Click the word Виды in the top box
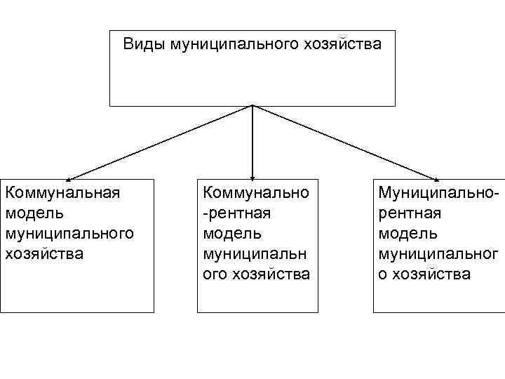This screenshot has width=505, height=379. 141,45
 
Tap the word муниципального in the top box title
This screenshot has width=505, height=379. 232,45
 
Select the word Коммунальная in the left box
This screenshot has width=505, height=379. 62,191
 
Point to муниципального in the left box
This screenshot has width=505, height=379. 69,232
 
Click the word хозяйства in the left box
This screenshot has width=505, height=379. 43,253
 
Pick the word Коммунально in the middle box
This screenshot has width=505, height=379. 256,191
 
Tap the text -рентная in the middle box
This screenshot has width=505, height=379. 236,211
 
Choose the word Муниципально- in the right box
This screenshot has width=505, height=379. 439,191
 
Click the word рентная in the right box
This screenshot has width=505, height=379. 410,211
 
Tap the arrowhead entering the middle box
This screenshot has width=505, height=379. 252,178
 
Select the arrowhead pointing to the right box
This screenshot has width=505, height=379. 436,179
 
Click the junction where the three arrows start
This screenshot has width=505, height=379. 252,107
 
